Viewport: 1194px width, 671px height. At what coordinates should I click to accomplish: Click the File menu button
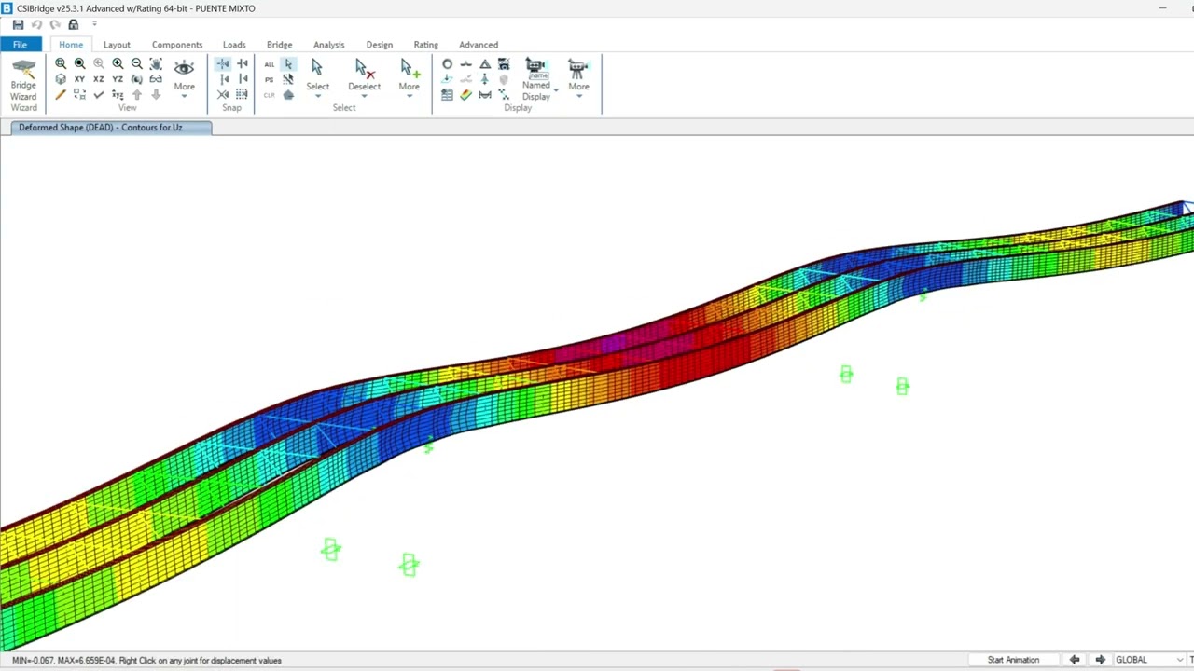(20, 45)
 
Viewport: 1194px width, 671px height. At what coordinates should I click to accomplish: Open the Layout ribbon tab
(117, 45)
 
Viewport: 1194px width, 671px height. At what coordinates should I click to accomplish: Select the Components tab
(177, 45)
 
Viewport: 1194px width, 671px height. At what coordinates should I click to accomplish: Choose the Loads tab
(234, 45)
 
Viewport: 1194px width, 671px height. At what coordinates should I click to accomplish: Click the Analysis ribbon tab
(328, 45)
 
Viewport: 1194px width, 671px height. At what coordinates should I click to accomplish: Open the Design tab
(379, 45)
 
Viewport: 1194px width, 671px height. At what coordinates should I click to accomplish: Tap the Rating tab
(425, 45)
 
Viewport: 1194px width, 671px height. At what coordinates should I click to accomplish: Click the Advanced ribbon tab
(479, 45)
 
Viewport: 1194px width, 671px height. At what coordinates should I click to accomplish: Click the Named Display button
(536, 78)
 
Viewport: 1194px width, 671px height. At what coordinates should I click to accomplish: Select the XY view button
(79, 79)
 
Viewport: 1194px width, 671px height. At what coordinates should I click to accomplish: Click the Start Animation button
(1013, 660)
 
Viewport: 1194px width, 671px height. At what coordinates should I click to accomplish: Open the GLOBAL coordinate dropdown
(1148, 660)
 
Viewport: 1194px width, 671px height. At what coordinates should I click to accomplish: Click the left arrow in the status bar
(1075, 660)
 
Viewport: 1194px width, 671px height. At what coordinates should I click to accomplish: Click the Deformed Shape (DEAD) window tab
(101, 128)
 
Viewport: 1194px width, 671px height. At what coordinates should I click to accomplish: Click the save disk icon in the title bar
(18, 25)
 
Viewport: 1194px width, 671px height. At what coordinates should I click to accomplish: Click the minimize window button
(1162, 8)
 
